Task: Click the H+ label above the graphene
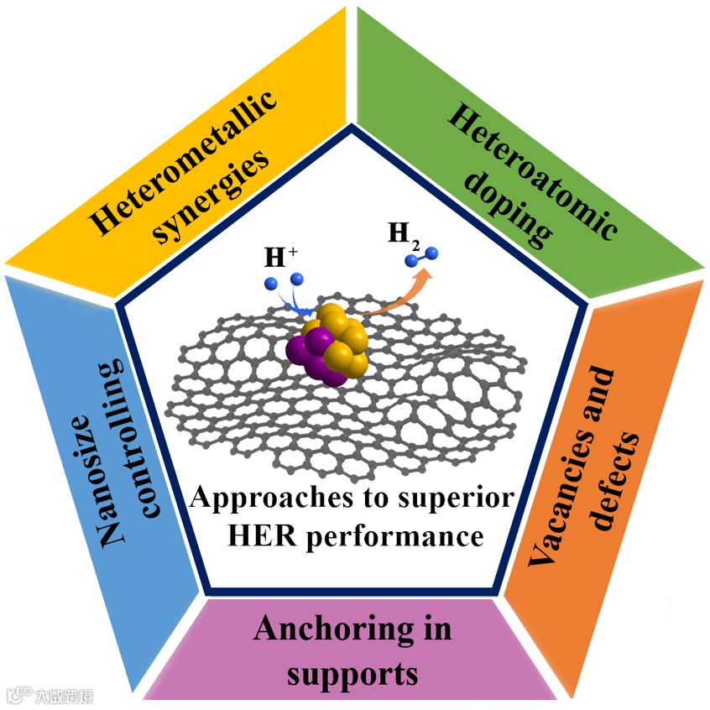274,257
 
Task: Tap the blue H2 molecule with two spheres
424,257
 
